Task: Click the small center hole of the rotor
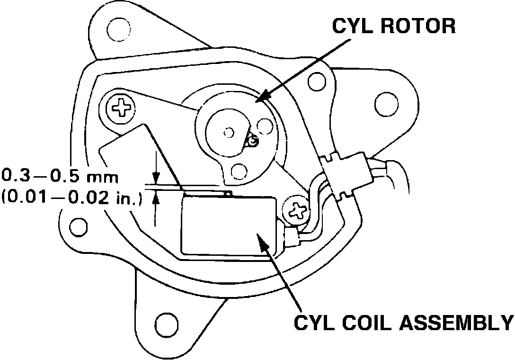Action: click(229, 131)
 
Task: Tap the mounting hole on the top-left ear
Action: click(116, 29)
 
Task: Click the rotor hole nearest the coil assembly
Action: click(240, 170)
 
